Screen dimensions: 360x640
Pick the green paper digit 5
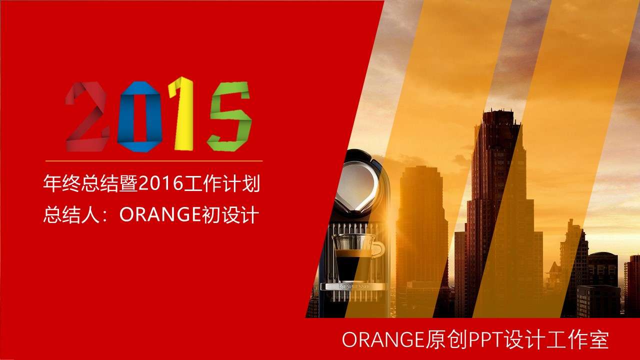tap(229, 116)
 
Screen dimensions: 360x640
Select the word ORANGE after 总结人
tap(160, 215)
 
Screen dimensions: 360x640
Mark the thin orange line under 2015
tap(154, 161)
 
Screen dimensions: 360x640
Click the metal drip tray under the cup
tap(353, 287)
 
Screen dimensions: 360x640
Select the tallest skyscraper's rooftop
tap(494, 112)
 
